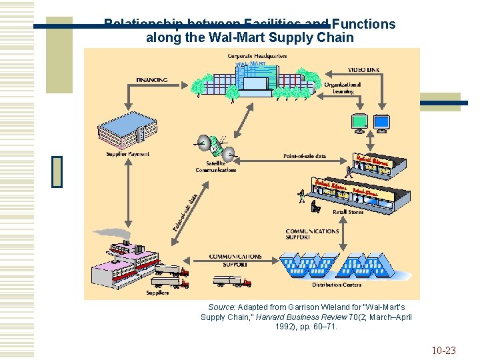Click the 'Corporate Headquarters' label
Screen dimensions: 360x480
tap(257, 56)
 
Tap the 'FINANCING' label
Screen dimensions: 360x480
tap(151, 80)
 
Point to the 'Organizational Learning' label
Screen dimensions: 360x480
tap(343, 88)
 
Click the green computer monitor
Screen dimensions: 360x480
tap(359, 122)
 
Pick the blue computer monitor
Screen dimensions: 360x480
tap(381, 122)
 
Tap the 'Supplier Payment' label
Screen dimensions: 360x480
tap(127, 154)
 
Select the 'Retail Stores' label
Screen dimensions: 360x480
tap(348, 212)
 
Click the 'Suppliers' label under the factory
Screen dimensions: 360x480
tap(157, 292)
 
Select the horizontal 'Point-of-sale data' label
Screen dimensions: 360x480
tap(305, 156)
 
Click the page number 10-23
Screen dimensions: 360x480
tap(443, 350)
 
